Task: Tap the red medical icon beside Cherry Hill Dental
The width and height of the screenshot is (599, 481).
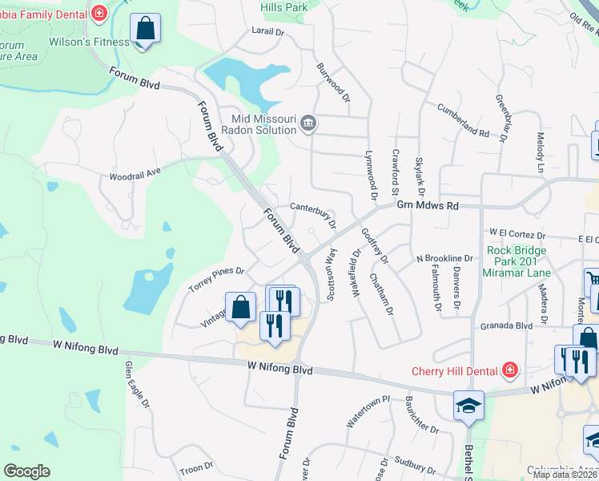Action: coord(509,370)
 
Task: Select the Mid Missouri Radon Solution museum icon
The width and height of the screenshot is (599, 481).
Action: coord(308,124)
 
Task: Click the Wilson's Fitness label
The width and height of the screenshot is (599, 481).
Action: coord(89,42)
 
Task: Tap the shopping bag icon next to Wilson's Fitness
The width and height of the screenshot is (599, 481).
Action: coord(146,30)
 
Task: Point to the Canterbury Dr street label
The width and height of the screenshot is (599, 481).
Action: coord(312,212)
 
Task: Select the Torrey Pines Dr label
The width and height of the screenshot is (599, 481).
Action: coord(216,277)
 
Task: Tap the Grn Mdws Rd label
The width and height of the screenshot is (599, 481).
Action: coord(428,206)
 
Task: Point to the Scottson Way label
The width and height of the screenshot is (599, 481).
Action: coord(332,274)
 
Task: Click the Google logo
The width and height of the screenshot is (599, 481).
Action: coord(26,471)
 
